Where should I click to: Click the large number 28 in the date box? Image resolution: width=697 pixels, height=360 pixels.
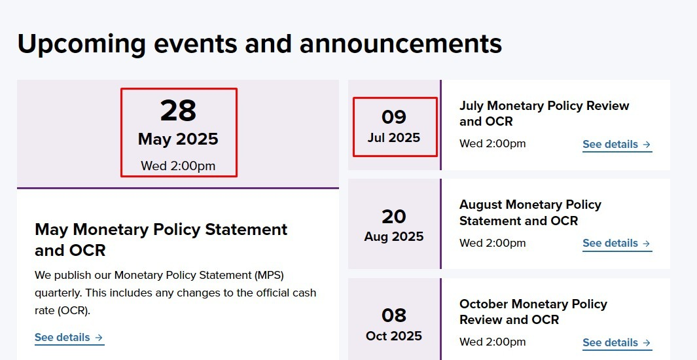pyautogui.click(x=178, y=111)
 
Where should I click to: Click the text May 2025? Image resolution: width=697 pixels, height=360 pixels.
pyautogui.click(x=178, y=139)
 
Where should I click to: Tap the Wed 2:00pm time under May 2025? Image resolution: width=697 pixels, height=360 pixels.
pyautogui.click(x=178, y=166)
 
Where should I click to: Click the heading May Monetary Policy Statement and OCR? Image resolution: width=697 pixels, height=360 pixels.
pyautogui.click(x=161, y=240)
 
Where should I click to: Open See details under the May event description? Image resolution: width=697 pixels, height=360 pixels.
pyautogui.click(x=69, y=337)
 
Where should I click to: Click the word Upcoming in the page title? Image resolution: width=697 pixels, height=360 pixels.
pyautogui.click(x=81, y=44)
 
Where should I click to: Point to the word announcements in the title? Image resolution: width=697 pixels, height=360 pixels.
pyautogui.click(x=401, y=44)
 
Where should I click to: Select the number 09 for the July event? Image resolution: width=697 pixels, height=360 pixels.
pyautogui.click(x=394, y=117)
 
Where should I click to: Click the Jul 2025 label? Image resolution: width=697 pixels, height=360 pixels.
pyautogui.click(x=394, y=137)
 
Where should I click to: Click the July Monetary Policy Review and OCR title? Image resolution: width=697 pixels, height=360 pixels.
pyautogui.click(x=544, y=113)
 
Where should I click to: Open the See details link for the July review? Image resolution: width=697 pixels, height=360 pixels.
pyautogui.click(x=617, y=145)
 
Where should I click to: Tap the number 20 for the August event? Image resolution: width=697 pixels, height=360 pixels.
pyautogui.click(x=394, y=217)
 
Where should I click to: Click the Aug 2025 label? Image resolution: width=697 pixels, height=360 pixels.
pyautogui.click(x=394, y=236)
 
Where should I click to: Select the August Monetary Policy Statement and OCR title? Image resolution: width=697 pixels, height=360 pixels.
pyautogui.click(x=530, y=213)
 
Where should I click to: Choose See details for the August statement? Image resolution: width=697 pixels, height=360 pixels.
pyautogui.click(x=617, y=243)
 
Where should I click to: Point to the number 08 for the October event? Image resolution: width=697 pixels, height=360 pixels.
pyautogui.click(x=394, y=315)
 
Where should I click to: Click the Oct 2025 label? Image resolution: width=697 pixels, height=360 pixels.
pyautogui.click(x=394, y=336)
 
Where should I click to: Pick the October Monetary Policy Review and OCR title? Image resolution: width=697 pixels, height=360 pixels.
pyautogui.click(x=533, y=312)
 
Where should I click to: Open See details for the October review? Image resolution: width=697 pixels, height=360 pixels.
pyautogui.click(x=617, y=343)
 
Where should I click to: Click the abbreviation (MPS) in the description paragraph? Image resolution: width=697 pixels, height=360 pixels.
pyautogui.click(x=270, y=276)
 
